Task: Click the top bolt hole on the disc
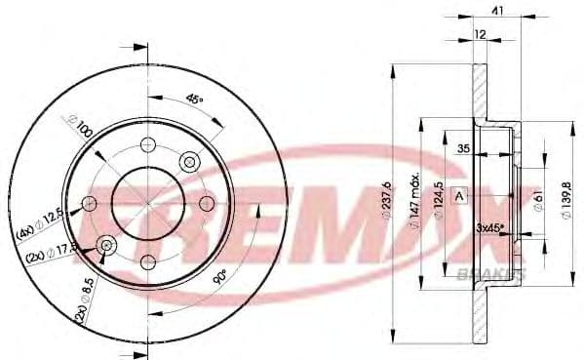pos(148,144)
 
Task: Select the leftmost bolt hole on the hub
pos(90,203)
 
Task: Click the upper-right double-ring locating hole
pos(190,161)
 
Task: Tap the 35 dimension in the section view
pos(463,147)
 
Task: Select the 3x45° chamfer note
pos(490,226)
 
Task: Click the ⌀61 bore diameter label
pos(537,201)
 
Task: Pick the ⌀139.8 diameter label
pos(567,201)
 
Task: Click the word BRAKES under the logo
pos(490,275)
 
